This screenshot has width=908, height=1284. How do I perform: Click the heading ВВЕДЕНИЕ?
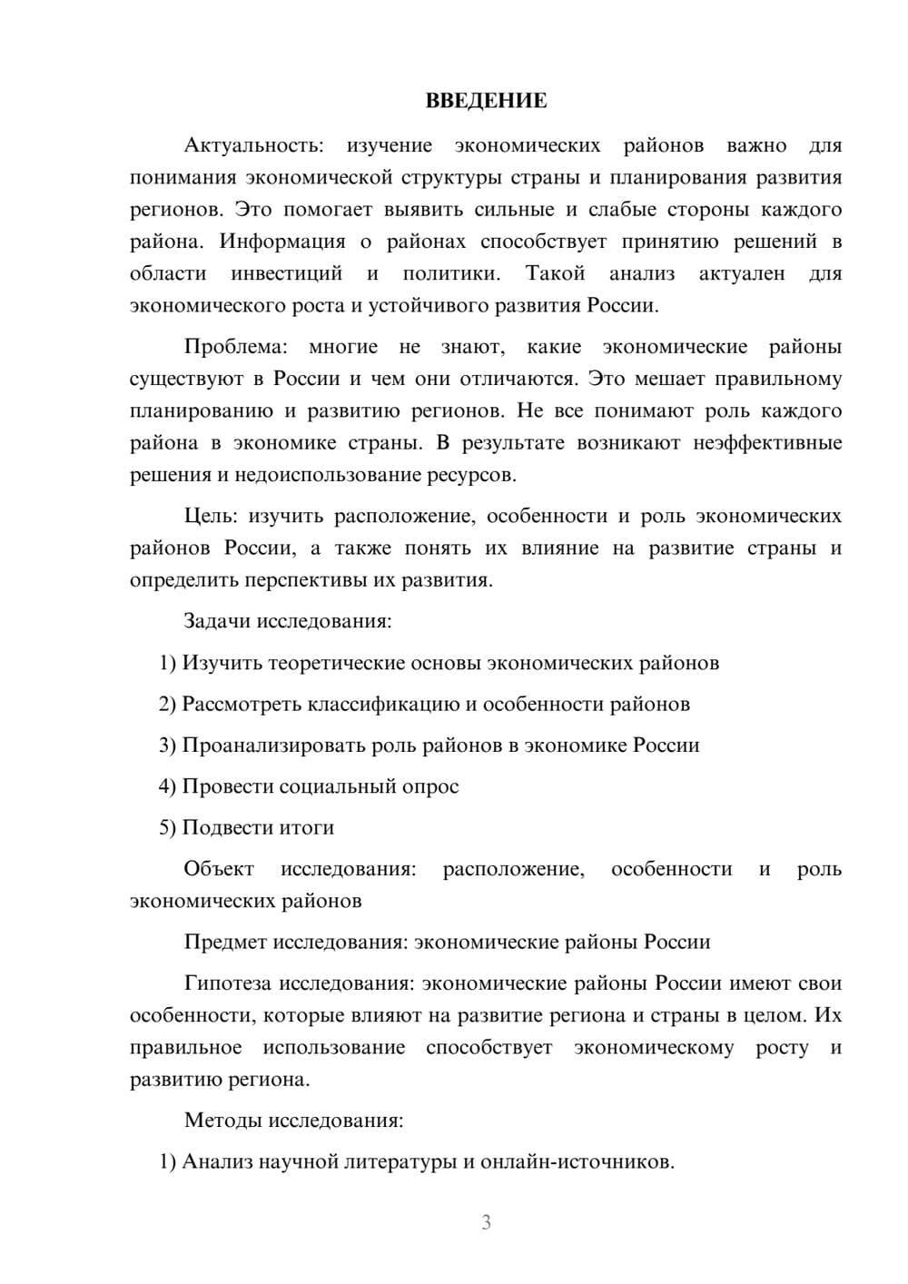[486, 101]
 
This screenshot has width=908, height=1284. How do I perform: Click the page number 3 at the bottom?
[486, 1222]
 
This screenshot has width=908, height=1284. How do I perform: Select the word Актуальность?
[252, 145]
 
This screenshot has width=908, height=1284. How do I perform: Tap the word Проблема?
[235, 347]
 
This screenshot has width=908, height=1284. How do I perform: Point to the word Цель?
[210, 517]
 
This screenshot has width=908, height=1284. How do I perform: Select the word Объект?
[219, 869]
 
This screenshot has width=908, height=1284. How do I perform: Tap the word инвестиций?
[286, 273]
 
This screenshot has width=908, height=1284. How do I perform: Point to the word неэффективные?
[767, 443]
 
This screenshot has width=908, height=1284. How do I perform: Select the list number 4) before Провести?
[167, 786]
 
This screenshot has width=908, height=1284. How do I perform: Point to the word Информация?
[282, 242]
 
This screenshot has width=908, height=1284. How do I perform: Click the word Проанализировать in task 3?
[274, 746]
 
